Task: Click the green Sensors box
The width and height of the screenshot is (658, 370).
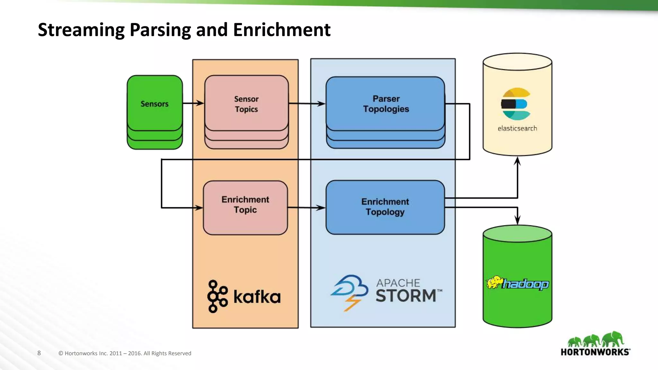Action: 155,103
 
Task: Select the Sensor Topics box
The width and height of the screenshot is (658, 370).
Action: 246,103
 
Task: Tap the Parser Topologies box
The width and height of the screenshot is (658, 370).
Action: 386,103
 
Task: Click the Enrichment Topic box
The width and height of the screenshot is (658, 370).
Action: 245,205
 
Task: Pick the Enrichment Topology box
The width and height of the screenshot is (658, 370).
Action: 385,207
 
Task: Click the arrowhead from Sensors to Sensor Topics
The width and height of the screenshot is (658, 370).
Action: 200,103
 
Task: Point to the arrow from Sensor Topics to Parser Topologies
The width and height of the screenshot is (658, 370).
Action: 307,103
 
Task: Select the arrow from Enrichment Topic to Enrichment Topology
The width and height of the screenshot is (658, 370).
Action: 307,208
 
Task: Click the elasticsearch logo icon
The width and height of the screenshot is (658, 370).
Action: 516,104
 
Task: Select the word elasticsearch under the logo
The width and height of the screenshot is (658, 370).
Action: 517,128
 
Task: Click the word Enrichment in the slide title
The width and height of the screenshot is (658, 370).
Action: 281,30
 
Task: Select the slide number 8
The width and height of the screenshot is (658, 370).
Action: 39,353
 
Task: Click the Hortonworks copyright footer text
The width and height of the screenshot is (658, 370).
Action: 125,353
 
